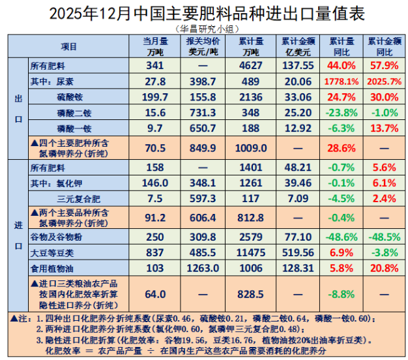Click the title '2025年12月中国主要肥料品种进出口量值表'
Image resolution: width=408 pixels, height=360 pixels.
point(204,13)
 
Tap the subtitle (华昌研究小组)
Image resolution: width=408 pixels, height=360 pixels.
point(204,29)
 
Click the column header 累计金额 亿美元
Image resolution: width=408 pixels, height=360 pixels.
point(299,46)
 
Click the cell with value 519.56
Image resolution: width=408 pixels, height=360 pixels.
point(299,252)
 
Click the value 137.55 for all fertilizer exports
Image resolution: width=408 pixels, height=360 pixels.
point(299,65)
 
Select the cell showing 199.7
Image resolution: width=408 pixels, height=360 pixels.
point(155,97)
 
